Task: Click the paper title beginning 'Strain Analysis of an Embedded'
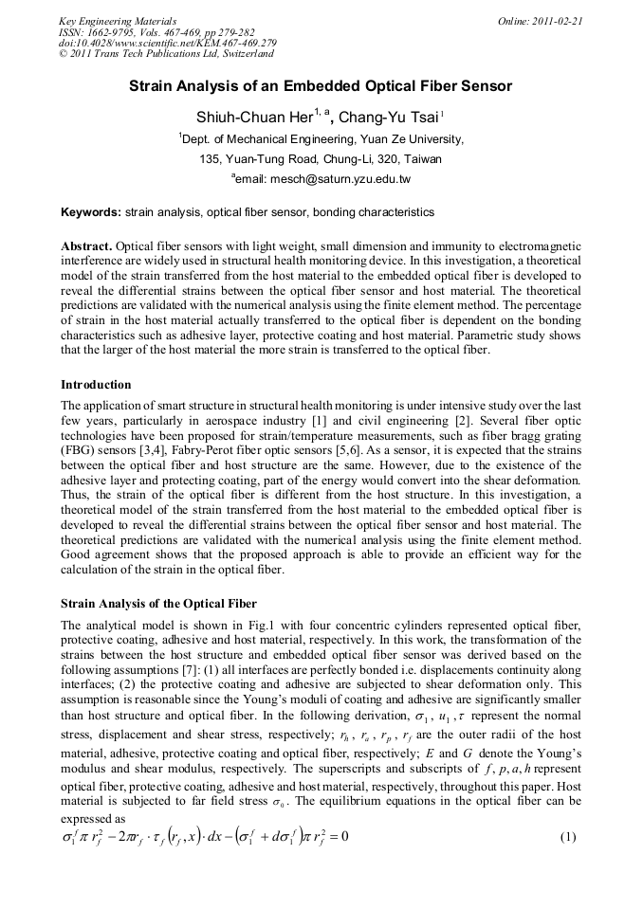coord(321,86)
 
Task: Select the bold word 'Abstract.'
coord(86,245)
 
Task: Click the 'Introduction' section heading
coord(96,385)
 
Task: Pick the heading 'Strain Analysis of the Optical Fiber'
coord(158,603)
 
